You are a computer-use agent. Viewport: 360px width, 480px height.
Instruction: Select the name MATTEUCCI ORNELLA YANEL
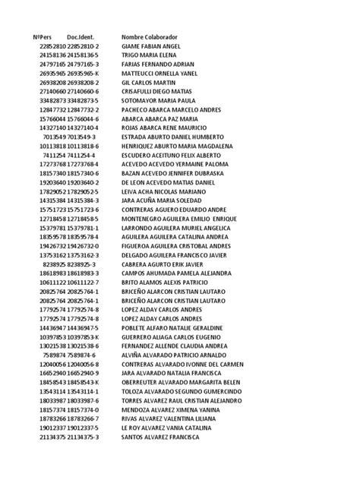163,74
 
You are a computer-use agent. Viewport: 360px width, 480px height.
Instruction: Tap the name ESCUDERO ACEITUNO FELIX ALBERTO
175,154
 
